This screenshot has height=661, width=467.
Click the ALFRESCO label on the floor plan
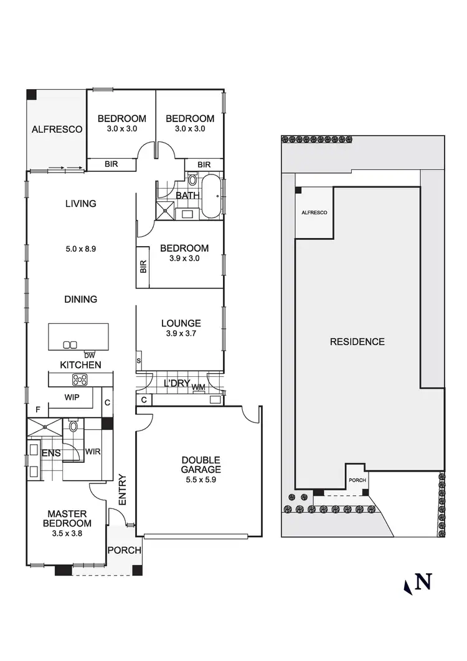click(x=57, y=130)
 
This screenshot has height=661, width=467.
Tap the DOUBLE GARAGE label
click(x=200, y=465)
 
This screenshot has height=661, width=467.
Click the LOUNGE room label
click(x=181, y=323)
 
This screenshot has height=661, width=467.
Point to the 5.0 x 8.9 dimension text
click(x=80, y=248)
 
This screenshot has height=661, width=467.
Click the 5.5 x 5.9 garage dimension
click(x=200, y=480)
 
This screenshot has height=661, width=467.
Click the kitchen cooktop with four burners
click(x=80, y=379)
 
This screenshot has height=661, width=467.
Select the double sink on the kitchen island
click(x=70, y=345)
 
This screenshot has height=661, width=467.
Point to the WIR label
click(x=93, y=452)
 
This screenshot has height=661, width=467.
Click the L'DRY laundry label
click(x=176, y=383)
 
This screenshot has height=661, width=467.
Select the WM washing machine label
click(x=199, y=388)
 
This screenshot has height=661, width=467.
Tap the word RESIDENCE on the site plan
click(x=357, y=341)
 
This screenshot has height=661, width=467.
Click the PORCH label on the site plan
click(x=357, y=480)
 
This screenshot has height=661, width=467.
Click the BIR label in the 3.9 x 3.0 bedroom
click(x=143, y=267)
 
